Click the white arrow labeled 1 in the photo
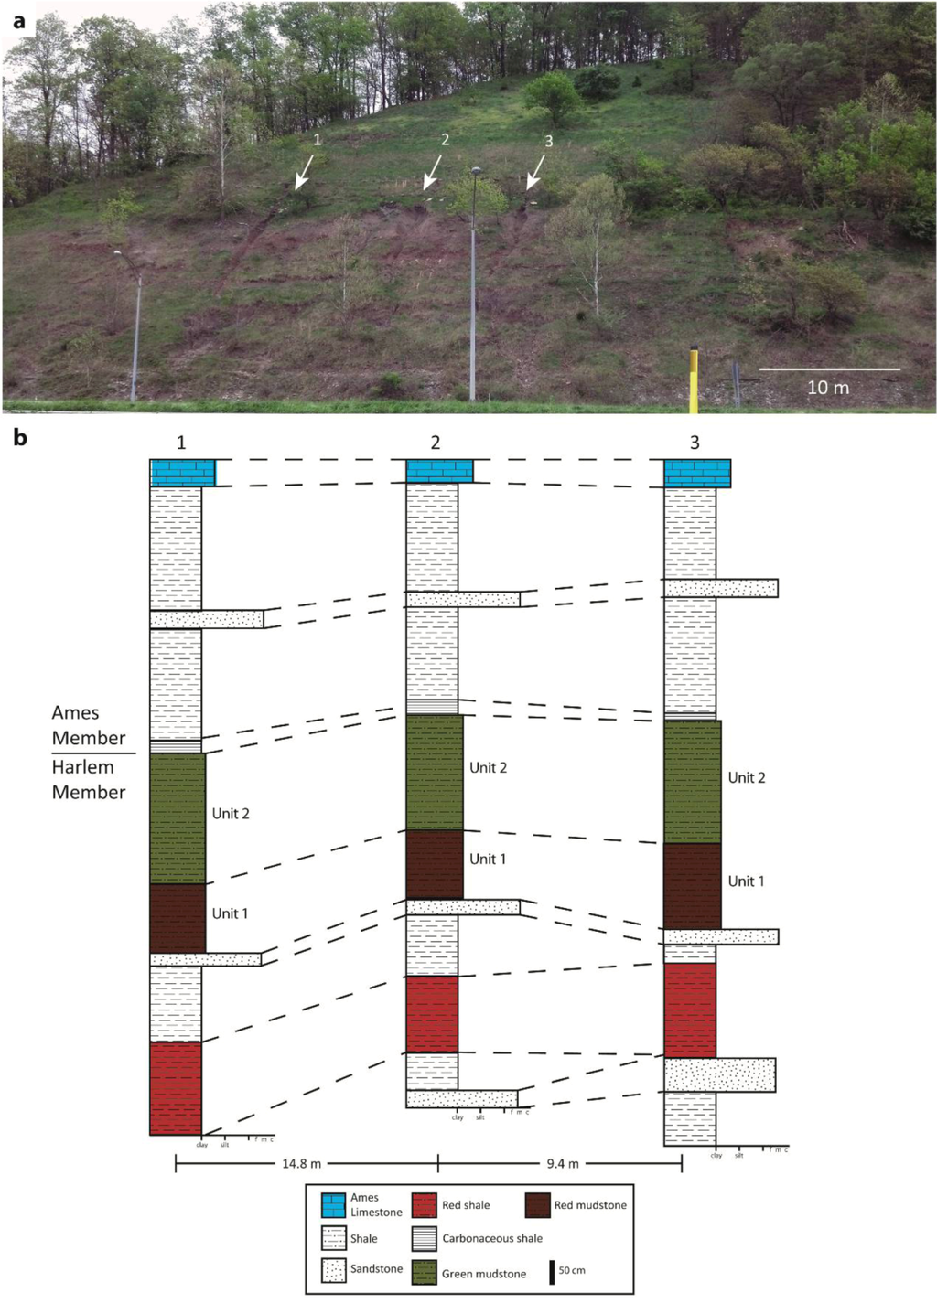(304, 171)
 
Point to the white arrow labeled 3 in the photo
(535, 172)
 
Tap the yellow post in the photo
(694, 378)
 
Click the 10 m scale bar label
(828, 388)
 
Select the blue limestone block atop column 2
(439, 471)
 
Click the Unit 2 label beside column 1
(231, 814)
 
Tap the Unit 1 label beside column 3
(746, 881)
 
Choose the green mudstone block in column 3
(693, 782)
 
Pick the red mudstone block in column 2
(435, 864)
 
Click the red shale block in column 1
(176, 1088)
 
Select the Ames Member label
(89, 725)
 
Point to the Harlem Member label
(89, 780)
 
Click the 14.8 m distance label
(302, 1164)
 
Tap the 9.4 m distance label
(563, 1164)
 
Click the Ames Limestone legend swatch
(333, 1205)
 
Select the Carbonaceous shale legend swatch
(424, 1238)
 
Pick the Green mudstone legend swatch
(424, 1272)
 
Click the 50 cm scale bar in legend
(552, 1272)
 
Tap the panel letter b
(20, 438)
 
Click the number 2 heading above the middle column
(436, 443)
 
